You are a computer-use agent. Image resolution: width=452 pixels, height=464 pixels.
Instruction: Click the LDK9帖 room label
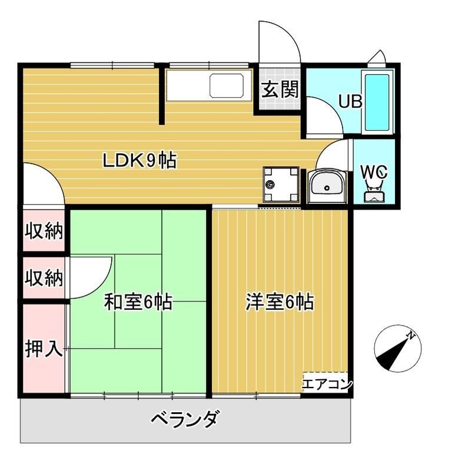(139, 160)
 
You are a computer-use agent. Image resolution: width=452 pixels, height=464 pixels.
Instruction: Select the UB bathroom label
(349, 101)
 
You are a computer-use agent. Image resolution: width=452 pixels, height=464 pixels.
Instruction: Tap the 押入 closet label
(43, 349)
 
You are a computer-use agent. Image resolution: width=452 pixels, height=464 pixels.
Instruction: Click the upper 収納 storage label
(43, 231)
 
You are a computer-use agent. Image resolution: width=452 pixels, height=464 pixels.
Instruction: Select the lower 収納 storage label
(43, 277)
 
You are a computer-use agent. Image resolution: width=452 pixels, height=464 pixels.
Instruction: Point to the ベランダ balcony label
(185, 420)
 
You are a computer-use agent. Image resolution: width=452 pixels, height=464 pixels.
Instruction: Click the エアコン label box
(327, 385)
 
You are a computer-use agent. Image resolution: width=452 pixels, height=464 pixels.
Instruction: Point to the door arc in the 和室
(94, 277)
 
